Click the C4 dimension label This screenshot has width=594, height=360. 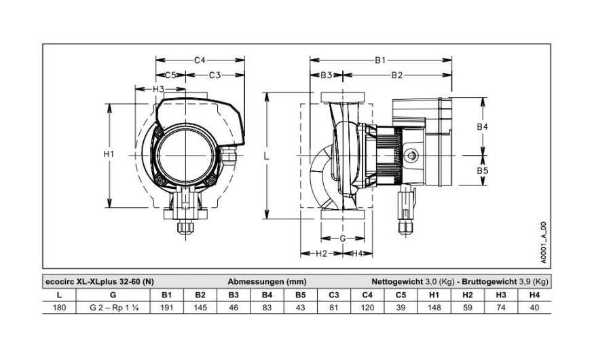pyautogui.click(x=200, y=60)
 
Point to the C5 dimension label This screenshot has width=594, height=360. pyautogui.click(x=171, y=75)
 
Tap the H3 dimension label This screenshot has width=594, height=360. pyautogui.click(x=158, y=89)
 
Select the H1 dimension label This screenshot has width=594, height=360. pyautogui.click(x=109, y=154)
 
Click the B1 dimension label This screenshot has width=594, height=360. pyautogui.click(x=380, y=60)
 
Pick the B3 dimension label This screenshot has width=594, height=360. pyautogui.click(x=326, y=75)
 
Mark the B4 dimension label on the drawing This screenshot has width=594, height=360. pyautogui.click(x=482, y=126)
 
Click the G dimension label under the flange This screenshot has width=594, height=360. pyautogui.click(x=342, y=238)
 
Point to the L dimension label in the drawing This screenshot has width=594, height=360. pyautogui.click(x=267, y=156)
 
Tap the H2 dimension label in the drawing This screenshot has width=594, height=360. pyautogui.click(x=321, y=253)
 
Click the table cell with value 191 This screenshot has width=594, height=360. pyautogui.click(x=167, y=307)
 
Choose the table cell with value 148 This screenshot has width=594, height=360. pyautogui.click(x=434, y=307)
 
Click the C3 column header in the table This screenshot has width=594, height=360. pyautogui.click(x=334, y=295)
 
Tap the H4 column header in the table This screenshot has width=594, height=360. pyautogui.click(x=534, y=295)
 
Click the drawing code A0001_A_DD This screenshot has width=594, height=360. pyautogui.click(x=543, y=242)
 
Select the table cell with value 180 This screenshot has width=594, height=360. pyautogui.click(x=59, y=307)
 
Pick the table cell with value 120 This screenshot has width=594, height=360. pyautogui.click(x=367, y=307)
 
